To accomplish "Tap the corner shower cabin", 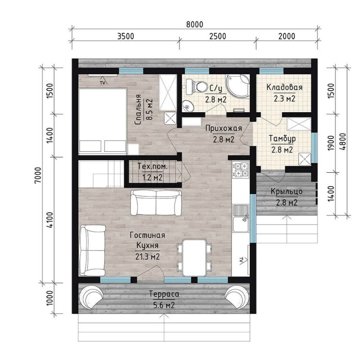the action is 238,85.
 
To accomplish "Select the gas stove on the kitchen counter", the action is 241,170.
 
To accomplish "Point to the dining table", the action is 194,257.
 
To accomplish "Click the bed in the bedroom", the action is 103,121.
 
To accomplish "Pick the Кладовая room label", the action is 284,87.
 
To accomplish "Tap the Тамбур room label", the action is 282,139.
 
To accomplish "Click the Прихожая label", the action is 224,128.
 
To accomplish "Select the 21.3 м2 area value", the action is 148,257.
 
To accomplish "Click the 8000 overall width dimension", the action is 195,24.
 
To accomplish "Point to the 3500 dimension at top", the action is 125,36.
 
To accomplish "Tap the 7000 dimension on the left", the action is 38,175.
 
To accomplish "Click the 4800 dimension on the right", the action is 343,142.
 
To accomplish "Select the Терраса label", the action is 164,294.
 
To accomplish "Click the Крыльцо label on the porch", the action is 286,192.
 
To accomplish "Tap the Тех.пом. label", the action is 152,166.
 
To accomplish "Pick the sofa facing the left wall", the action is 92,250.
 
